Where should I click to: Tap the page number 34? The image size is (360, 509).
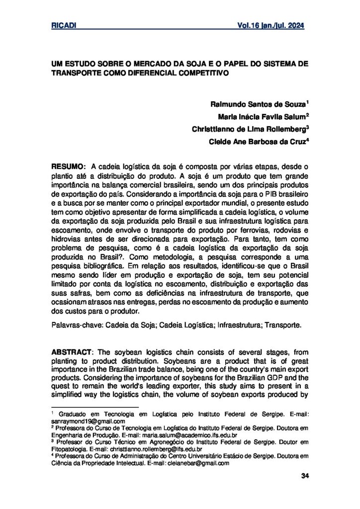point(305,477)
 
